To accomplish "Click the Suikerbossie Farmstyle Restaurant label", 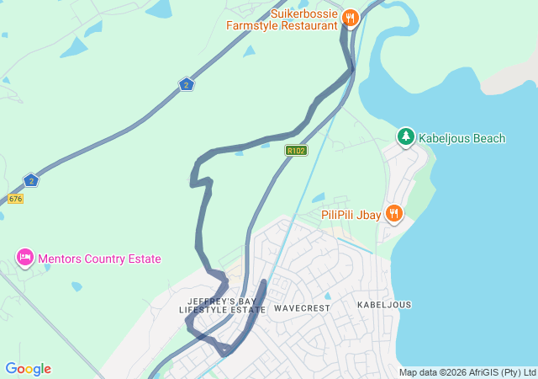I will click(x=282, y=19).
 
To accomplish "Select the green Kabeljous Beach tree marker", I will click(x=406, y=136).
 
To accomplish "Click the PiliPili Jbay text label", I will click(x=351, y=214).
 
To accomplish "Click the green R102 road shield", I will click(x=296, y=151).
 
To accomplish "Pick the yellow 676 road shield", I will click(x=15, y=199).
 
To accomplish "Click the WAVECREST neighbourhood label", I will click(x=302, y=308).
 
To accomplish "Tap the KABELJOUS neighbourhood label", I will click(x=384, y=304).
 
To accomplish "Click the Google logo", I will click(x=29, y=369).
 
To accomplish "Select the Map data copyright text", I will click(x=467, y=372).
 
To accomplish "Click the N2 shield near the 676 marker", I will click(x=31, y=180).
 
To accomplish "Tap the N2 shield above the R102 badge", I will click(x=186, y=84).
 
